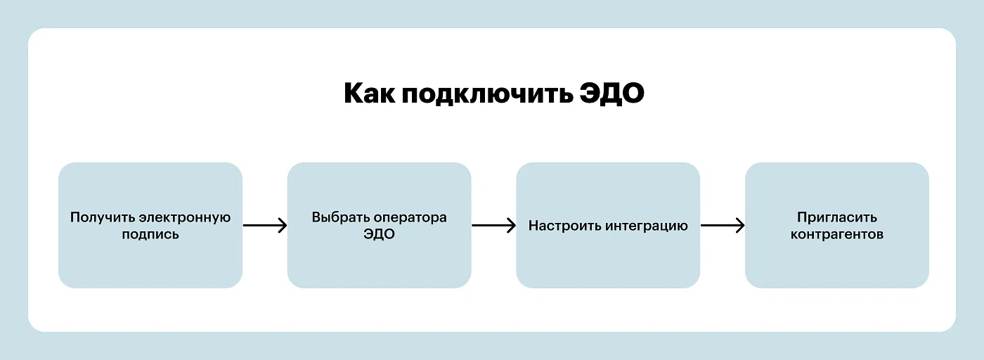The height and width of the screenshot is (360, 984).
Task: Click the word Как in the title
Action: pos(368,94)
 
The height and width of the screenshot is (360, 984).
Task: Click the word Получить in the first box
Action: pos(102,217)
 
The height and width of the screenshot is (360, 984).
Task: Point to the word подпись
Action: pos(150,235)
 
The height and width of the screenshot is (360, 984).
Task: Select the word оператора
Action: pos(410,218)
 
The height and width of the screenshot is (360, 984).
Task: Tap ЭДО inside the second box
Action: pos(379,235)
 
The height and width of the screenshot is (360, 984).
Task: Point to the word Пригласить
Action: pos(836,217)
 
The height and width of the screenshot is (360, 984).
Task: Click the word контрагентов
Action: pos(836,235)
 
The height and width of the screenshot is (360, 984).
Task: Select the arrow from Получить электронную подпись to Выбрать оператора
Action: pos(264,226)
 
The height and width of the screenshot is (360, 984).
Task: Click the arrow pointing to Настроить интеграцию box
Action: pos(493,226)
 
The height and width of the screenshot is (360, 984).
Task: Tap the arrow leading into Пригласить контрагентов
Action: pos(723,226)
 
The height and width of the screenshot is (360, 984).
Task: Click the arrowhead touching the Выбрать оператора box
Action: pos(283,226)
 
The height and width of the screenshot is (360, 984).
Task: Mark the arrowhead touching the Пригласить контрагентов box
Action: pos(741,226)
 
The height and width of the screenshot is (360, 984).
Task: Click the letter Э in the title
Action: pos(592,94)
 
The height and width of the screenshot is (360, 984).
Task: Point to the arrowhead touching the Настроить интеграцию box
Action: pos(512,226)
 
